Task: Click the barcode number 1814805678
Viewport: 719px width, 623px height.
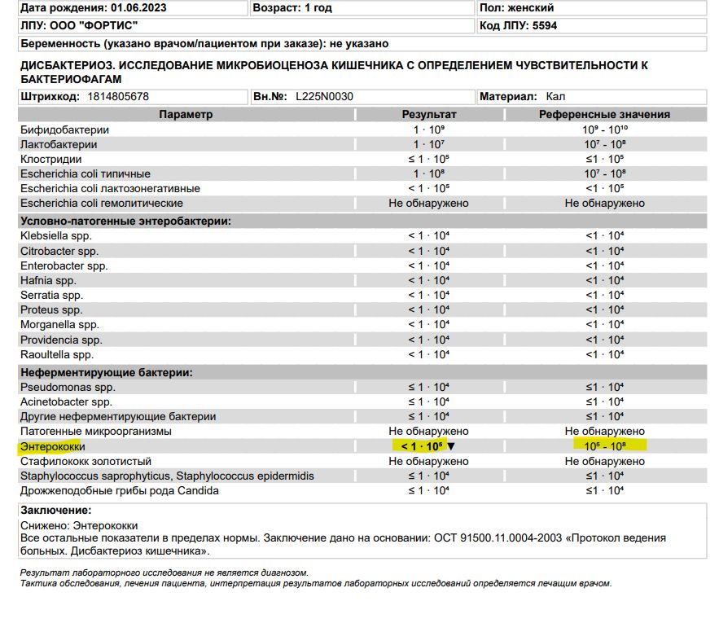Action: coord(118,96)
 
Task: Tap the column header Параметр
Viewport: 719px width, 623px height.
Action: coord(186,115)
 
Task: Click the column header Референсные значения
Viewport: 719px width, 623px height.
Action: coord(604,115)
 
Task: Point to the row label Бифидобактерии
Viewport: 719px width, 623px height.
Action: coord(65,129)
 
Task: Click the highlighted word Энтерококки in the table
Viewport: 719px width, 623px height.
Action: coord(53,446)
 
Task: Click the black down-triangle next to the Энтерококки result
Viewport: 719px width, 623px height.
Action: coord(451,446)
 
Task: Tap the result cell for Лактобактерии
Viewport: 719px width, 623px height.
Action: coord(428,144)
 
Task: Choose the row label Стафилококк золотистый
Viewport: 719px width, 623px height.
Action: coord(87,461)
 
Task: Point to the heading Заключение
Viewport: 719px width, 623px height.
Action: coord(55,510)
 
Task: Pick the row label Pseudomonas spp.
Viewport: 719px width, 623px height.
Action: coord(68,387)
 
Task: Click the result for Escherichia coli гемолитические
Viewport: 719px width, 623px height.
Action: coord(428,203)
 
